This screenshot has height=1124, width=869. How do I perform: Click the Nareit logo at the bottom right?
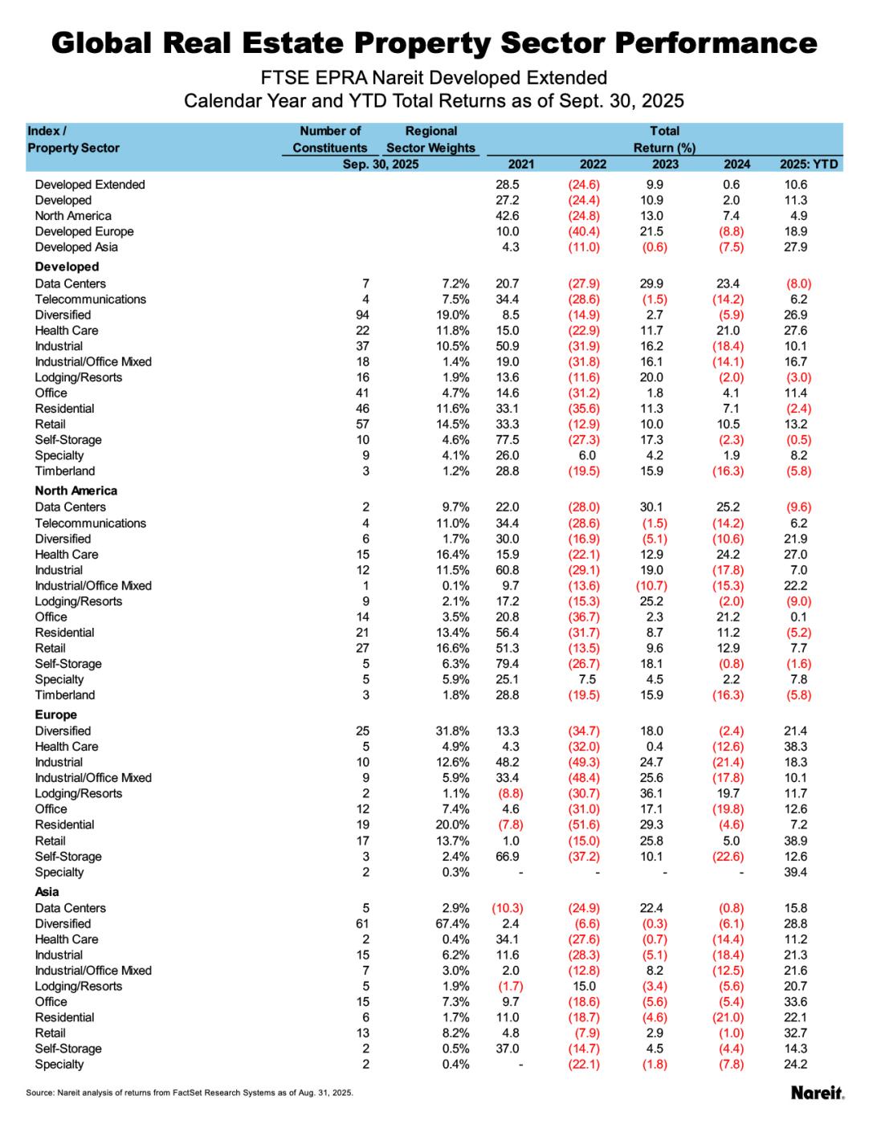pos(817,1093)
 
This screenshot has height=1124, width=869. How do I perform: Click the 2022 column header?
pos(593,164)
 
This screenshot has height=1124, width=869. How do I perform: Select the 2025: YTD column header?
pos(809,164)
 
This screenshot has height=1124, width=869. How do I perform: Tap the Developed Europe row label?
pos(84,231)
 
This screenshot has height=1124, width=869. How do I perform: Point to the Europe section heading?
pos(56,715)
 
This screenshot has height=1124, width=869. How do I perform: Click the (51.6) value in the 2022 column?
pos(584,825)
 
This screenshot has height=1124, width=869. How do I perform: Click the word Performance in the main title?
pos(682,43)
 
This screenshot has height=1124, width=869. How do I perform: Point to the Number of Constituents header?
pos(330,139)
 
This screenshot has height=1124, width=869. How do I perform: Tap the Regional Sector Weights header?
pos(430,139)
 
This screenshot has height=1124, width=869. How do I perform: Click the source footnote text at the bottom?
pos(190,1093)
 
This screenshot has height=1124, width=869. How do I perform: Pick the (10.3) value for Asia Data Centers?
pos(507,908)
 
